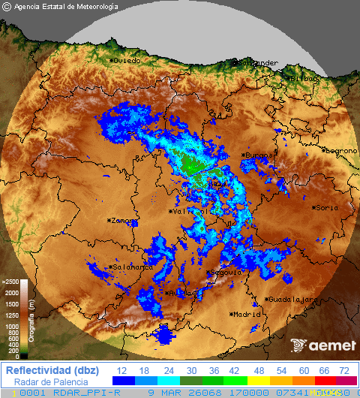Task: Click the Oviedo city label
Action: coord(127,60)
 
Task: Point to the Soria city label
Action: coord(325,207)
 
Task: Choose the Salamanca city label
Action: coord(132,267)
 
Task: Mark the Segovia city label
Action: coord(226,273)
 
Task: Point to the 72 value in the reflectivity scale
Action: coord(344,371)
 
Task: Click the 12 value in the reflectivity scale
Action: coord(121,371)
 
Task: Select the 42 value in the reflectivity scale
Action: coord(232,371)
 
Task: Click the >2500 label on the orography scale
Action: coord(10,282)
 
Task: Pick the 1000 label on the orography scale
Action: coord(12,327)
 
